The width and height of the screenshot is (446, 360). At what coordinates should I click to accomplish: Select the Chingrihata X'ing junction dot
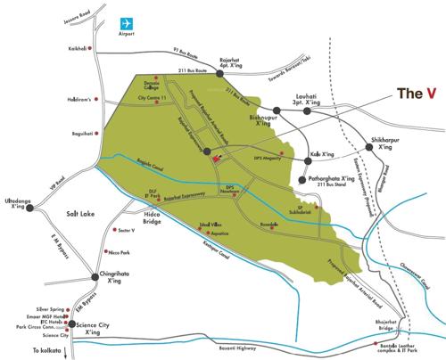94,276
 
